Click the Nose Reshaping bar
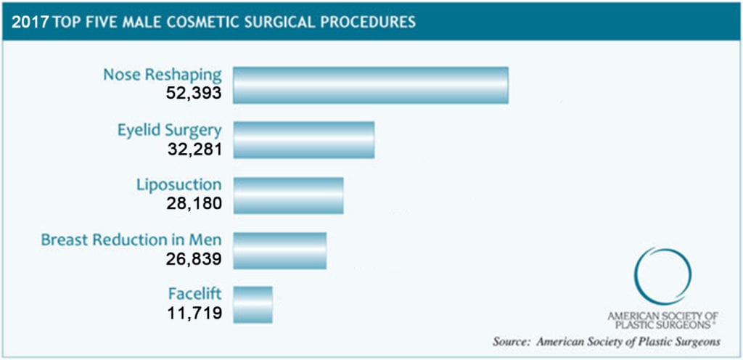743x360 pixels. [x=370, y=85]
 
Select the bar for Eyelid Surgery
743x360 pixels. [x=303, y=139]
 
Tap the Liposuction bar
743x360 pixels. [x=288, y=195]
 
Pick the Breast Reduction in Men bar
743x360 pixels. [x=279, y=250]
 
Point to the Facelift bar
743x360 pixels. [x=253, y=305]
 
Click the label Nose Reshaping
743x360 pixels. [x=162, y=75]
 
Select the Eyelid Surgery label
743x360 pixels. [x=169, y=130]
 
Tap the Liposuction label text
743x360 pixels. [x=178, y=184]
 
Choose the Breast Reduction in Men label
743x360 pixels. [x=131, y=240]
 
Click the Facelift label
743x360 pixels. [x=194, y=295]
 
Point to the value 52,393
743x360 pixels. [x=193, y=94]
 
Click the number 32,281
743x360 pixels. [x=193, y=149]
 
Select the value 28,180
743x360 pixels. [x=193, y=203]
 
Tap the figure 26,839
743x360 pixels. [x=193, y=258]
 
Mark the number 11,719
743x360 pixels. [x=193, y=314]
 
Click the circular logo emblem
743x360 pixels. [x=662, y=277]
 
